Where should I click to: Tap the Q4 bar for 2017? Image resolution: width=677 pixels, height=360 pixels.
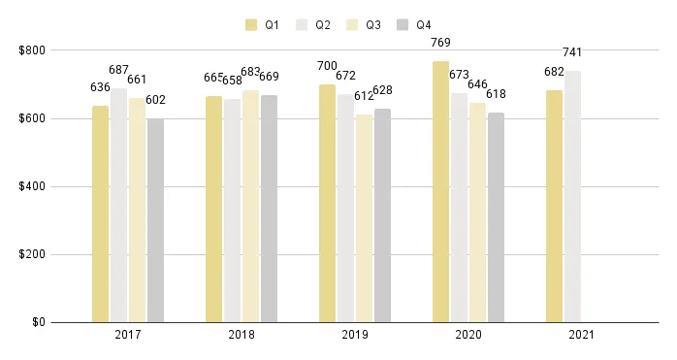[155, 220]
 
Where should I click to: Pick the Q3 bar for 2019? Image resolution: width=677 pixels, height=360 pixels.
[365, 218]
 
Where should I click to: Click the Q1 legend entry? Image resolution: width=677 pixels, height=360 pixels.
[262, 24]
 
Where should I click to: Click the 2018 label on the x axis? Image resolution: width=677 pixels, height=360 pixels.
[242, 335]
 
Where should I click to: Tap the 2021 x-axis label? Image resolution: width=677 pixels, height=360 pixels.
[582, 335]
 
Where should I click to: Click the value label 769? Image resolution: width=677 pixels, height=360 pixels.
[440, 44]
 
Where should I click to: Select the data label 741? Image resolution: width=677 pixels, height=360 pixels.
[572, 52]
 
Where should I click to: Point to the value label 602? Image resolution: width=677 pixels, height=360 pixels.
[155, 100]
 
